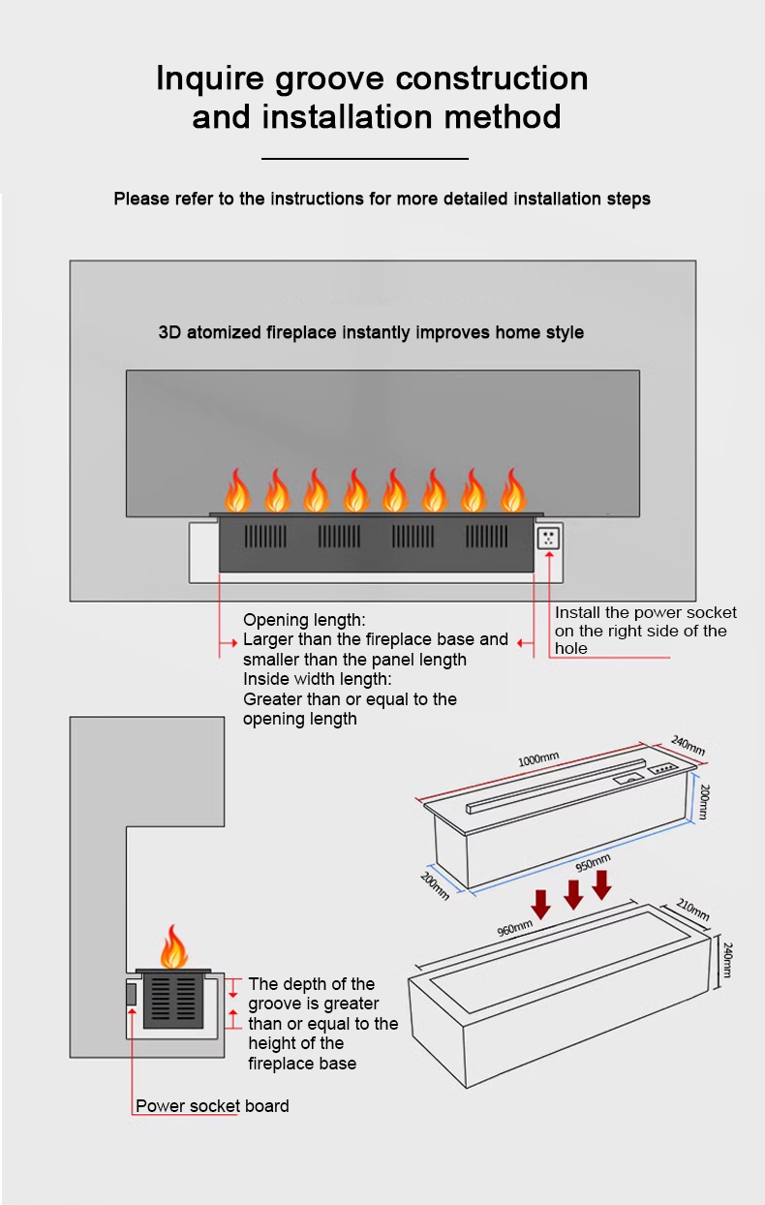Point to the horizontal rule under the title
(365, 158)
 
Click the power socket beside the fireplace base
(549, 539)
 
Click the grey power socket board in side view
(132, 994)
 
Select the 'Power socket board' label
(212, 1105)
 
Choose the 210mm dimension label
(692, 910)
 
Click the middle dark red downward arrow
(573, 894)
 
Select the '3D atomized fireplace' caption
(371, 332)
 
